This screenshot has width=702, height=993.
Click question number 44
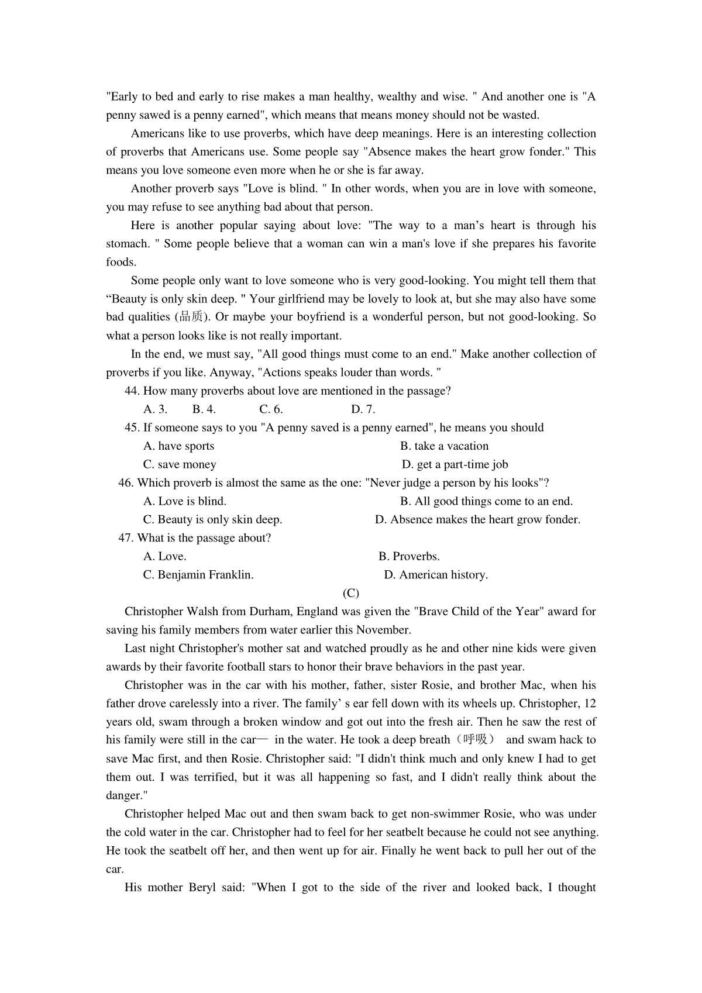pos(132,391)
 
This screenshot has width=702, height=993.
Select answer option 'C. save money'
pos(180,465)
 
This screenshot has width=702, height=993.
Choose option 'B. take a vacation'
pos(444,446)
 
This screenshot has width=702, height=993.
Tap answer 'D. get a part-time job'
pos(455,465)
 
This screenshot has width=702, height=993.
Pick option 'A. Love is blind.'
pos(185,502)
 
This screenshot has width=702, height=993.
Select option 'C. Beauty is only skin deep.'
pos(213,520)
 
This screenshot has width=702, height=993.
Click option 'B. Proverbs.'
pos(409,557)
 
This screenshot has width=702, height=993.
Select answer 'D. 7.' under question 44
pos(363,409)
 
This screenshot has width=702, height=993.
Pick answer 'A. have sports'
pos(179,446)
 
